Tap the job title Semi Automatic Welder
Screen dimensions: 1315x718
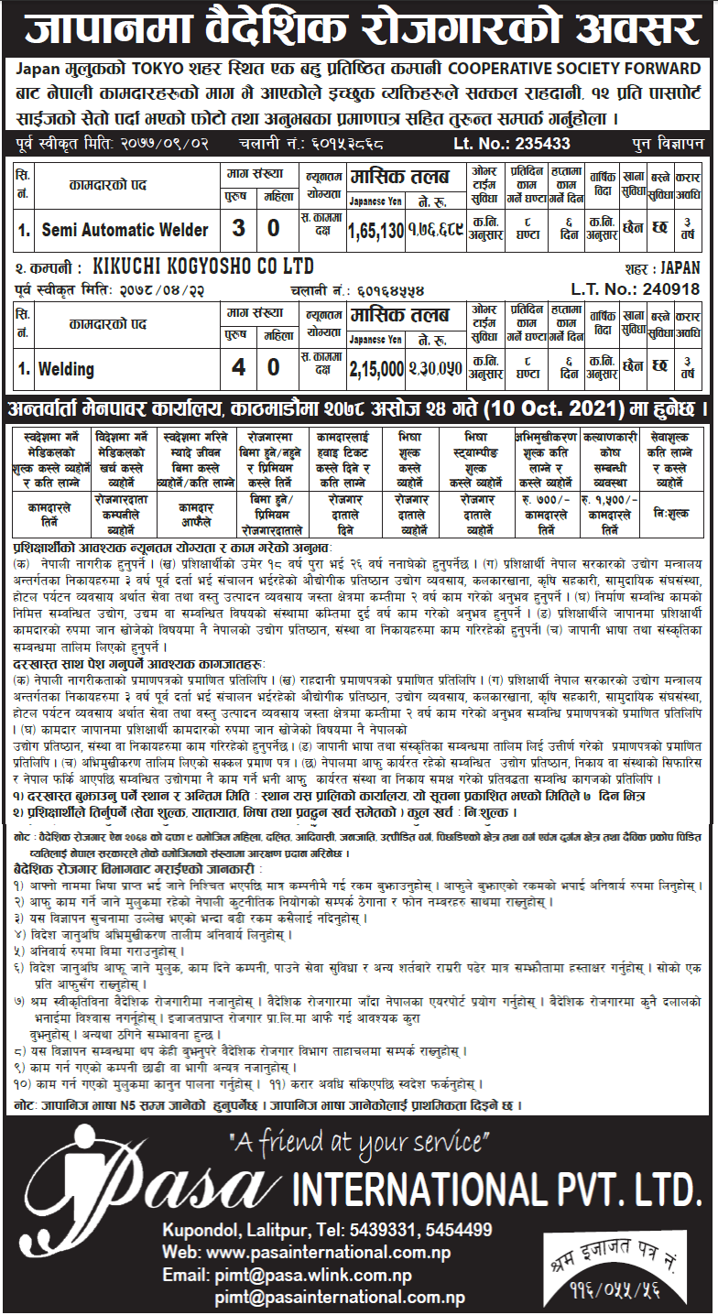(x=125, y=230)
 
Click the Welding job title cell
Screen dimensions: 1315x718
(x=66, y=370)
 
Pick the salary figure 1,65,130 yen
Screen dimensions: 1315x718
(x=375, y=230)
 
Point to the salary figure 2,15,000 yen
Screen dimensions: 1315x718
(x=375, y=370)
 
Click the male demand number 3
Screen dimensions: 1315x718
(x=239, y=229)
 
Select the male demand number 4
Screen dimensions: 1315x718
(x=239, y=369)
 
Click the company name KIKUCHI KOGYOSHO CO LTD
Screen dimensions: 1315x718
(x=203, y=267)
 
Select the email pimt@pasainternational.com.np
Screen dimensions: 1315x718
(x=340, y=1298)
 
